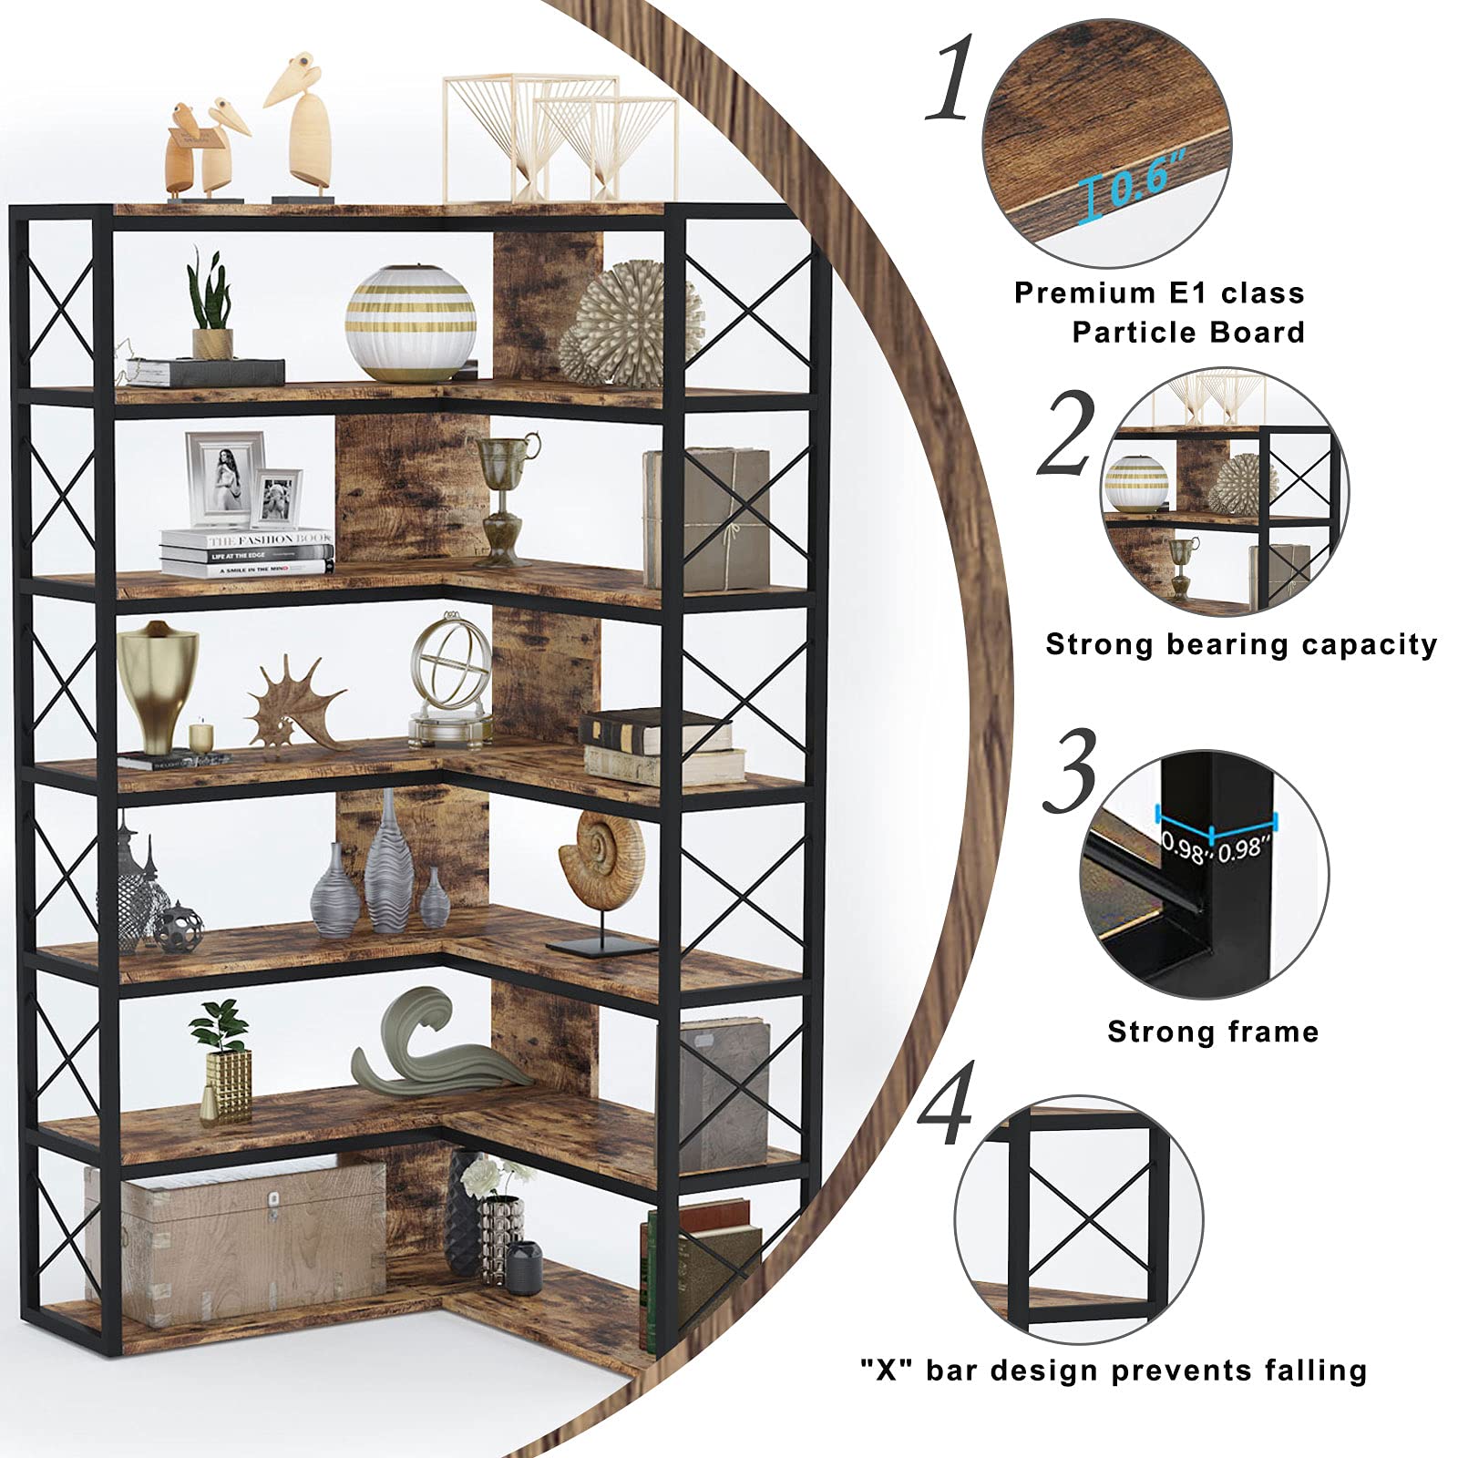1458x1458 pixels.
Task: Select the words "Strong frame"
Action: click(x=1213, y=1032)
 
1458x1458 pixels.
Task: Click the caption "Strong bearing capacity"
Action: click(x=1241, y=644)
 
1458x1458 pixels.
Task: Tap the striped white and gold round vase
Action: click(x=410, y=323)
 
